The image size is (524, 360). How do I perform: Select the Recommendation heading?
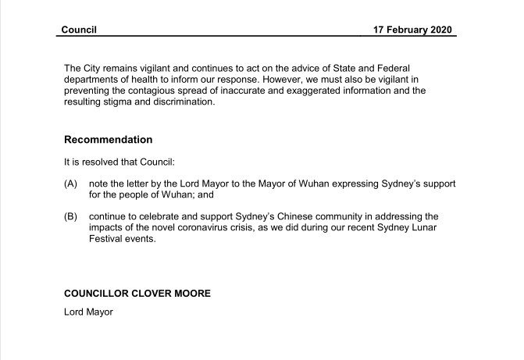click(108, 140)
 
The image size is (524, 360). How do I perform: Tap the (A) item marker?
click(70, 183)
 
